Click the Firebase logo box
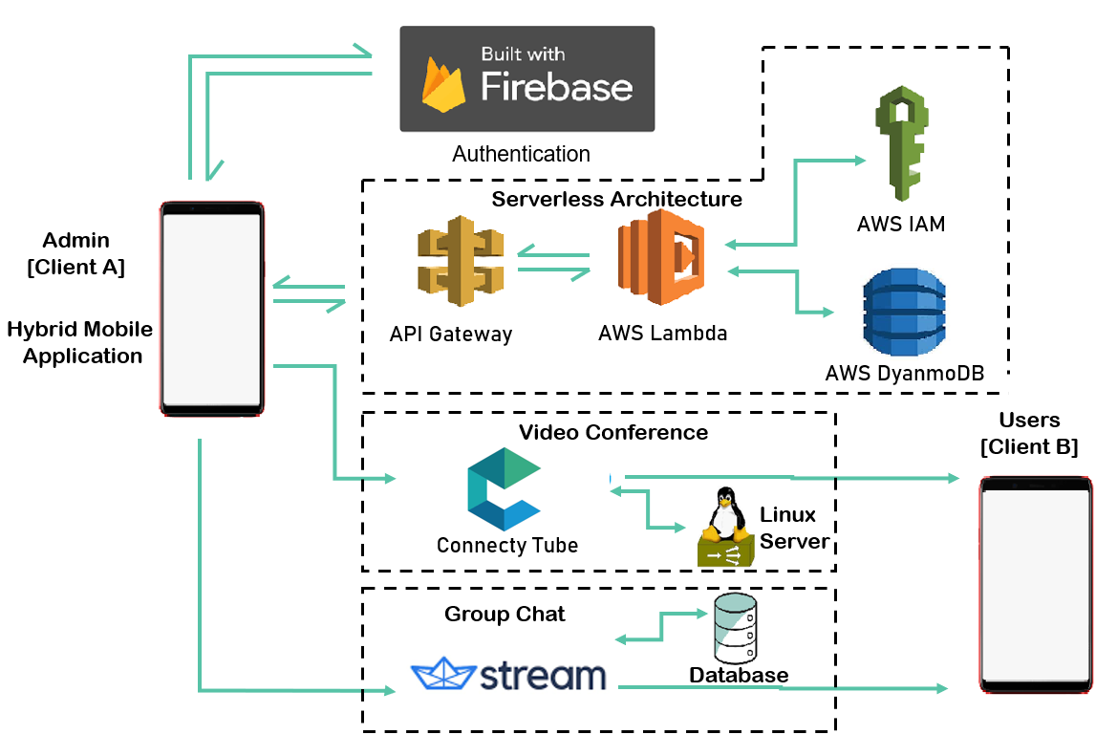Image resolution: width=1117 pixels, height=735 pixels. (x=526, y=78)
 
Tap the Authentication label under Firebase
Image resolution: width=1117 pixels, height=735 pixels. (x=521, y=154)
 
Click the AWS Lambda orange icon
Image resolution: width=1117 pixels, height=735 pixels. (x=661, y=259)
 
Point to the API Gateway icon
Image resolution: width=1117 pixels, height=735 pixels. (x=460, y=261)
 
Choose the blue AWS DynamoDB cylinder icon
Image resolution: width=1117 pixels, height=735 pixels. (x=903, y=313)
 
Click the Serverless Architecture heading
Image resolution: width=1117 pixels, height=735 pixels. (x=616, y=199)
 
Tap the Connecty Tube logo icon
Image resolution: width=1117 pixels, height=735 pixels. (x=505, y=489)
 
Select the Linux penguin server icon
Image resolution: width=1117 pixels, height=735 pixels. (x=725, y=528)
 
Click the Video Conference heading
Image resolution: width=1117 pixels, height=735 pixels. (x=612, y=432)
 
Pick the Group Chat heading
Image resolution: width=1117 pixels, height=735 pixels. (x=505, y=614)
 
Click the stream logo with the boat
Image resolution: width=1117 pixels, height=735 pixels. (x=508, y=675)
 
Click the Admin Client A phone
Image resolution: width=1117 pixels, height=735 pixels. (x=211, y=309)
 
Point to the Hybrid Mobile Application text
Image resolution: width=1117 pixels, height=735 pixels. (x=81, y=342)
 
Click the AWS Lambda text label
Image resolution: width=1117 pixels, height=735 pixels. (x=662, y=334)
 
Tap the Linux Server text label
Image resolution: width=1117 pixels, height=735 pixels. (x=792, y=528)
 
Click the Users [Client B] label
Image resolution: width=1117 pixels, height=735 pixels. (x=1029, y=433)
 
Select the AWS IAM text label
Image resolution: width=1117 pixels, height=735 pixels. (x=901, y=225)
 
